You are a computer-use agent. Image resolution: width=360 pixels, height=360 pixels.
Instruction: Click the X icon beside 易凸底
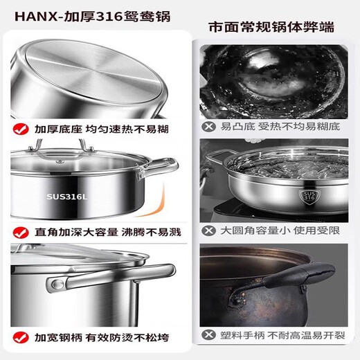coord(206,126)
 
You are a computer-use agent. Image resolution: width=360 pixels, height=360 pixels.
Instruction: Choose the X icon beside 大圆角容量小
coord(206,228)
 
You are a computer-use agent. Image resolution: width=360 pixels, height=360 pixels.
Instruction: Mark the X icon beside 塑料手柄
coord(206,334)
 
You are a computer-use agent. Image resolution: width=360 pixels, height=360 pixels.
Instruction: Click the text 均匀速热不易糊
coord(127,129)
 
